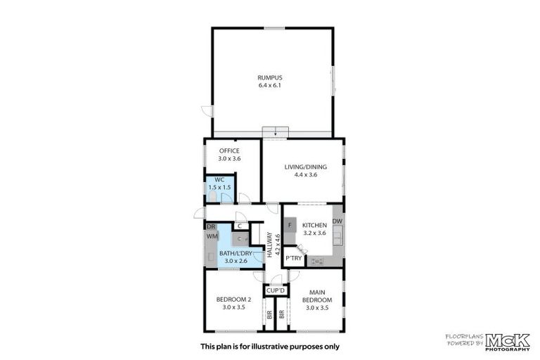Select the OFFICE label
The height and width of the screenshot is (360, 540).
[x=229, y=151]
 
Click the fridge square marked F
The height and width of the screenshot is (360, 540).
[x=290, y=225]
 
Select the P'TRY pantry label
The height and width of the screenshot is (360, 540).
[x=293, y=259]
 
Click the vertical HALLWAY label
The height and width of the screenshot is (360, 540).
[x=269, y=247]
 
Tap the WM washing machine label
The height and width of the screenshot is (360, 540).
[x=212, y=237]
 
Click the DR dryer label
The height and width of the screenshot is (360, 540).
[x=210, y=226]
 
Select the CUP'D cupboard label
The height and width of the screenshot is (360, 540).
[x=275, y=290]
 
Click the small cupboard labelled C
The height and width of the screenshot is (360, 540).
[x=240, y=226]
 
